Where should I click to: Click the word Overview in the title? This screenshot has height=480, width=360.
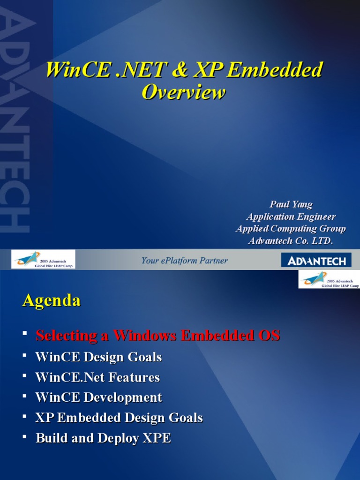click(184, 92)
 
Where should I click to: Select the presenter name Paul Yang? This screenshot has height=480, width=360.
click(291, 204)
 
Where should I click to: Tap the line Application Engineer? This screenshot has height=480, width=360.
click(291, 217)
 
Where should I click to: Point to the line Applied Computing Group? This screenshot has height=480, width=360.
click(291, 229)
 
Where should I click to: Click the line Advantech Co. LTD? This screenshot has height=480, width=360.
click(291, 241)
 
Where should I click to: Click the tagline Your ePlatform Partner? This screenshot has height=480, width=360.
click(185, 261)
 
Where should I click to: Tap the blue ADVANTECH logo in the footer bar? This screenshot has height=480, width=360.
click(316, 261)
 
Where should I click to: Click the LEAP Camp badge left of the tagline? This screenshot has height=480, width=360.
click(43, 260)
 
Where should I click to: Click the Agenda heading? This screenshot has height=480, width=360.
click(52, 300)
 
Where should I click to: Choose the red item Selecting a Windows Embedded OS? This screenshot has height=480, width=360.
click(158, 336)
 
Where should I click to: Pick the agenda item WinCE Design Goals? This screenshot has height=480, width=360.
click(98, 357)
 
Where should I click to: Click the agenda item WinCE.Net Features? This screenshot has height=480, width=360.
click(97, 377)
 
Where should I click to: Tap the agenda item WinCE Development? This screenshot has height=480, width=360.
click(98, 397)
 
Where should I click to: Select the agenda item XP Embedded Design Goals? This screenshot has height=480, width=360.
click(119, 418)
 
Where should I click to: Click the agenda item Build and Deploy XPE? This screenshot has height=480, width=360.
click(103, 438)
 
